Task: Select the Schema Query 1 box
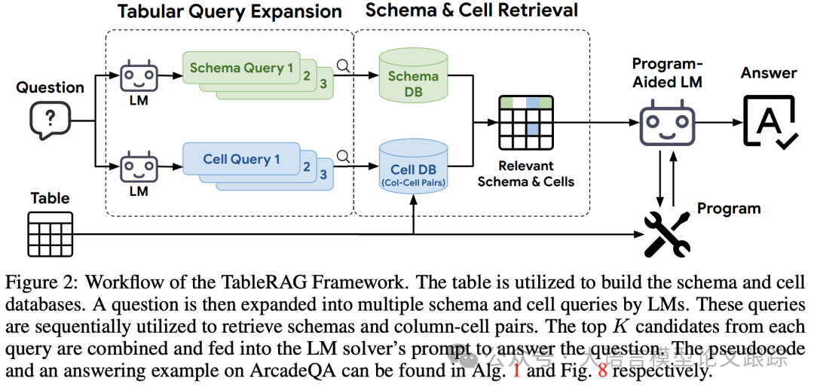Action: [x=240, y=69]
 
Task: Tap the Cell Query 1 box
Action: [x=240, y=159]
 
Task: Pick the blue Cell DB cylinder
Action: [x=413, y=171]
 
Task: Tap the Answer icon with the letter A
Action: [x=768, y=120]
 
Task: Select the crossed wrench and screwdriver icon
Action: [x=667, y=233]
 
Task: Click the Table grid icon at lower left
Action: [x=50, y=233]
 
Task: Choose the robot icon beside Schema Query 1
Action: [x=139, y=78]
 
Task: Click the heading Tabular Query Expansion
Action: [x=229, y=12]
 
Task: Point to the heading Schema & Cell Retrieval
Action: [x=472, y=11]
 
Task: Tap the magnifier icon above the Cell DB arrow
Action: [x=344, y=156]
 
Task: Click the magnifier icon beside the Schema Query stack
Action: [x=344, y=66]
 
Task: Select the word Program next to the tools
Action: [x=728, y=209]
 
